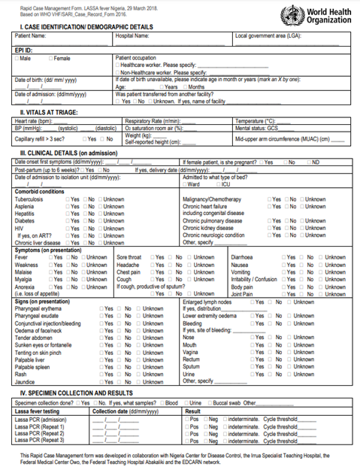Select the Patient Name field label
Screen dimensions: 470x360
32,35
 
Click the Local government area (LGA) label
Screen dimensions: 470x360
268,35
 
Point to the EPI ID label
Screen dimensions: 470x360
25,49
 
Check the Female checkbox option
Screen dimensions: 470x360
59,57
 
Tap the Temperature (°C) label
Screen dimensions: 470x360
256,120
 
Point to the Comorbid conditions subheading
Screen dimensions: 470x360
40,191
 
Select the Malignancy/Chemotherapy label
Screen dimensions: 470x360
214,199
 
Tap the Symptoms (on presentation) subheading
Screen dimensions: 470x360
48,249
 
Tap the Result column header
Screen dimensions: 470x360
193,411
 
